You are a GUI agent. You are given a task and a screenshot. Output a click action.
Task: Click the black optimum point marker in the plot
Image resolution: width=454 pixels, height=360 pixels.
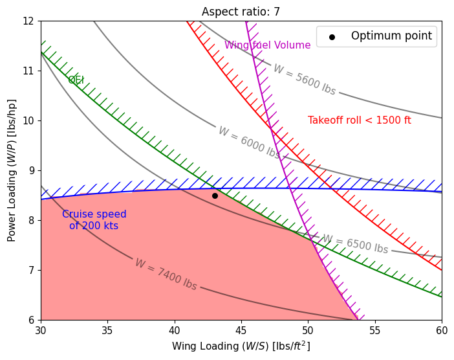(215, 196)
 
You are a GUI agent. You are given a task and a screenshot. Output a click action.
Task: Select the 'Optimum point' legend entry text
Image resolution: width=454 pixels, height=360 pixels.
(391, 36)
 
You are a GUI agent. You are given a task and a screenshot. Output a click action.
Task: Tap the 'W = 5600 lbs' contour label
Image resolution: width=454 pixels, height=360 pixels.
(304, 80)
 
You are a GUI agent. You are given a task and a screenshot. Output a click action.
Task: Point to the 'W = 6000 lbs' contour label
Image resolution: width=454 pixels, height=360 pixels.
(249, 142)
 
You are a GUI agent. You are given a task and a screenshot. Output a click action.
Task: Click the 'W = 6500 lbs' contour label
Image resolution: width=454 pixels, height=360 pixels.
(355, 245)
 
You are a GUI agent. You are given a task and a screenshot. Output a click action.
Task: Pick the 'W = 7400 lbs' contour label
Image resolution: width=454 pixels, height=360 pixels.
(166, 275)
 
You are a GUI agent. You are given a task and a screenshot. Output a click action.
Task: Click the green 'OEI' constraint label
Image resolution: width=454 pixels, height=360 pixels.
(76, 80)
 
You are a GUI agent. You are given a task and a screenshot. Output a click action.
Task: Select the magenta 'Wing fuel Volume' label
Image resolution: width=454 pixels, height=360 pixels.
(267, 45)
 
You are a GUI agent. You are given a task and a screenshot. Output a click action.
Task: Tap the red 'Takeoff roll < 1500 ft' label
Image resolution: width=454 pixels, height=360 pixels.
(359, 120)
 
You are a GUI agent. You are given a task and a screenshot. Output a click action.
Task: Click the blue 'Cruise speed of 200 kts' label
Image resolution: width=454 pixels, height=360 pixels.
(94, 220)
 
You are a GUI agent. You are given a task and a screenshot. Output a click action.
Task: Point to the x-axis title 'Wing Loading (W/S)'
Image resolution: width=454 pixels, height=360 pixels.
(241, 346)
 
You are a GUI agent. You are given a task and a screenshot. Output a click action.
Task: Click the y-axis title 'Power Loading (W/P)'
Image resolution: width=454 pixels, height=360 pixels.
(12, 170)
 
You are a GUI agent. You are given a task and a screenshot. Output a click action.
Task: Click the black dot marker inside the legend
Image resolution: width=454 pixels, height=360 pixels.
(332, 37)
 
